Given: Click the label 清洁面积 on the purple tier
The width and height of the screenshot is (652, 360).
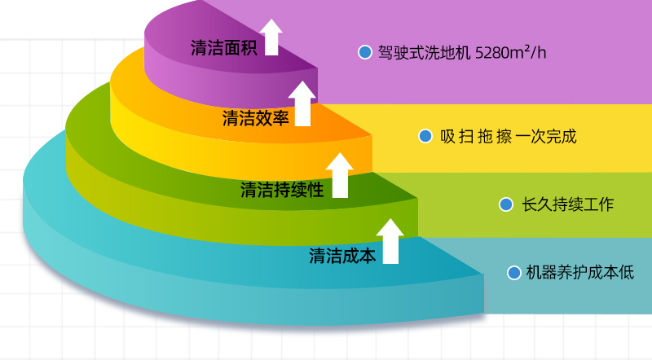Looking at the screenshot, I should click(x=224, y=47).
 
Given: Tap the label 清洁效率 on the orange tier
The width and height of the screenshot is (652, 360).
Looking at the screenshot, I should click(x=256, y=119).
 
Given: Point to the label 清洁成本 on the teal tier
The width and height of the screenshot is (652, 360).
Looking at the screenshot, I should click(x=342, y=256).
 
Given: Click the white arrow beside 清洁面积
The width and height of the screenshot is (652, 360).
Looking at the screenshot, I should click(x=271, y=37).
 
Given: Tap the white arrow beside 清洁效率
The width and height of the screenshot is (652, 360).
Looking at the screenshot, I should click(x=303, y=103).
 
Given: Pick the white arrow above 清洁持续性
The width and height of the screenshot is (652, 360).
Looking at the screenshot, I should click(x=339, y=174).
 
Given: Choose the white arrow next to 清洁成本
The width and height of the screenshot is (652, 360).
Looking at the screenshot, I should click(x=390, y=240).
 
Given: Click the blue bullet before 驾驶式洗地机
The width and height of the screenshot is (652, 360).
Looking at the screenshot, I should click(x=364, y=53).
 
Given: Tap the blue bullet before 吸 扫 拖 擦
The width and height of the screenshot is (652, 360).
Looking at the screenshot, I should click(x=425, y=136).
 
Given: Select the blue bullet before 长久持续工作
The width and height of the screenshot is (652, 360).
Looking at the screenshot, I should click(x=506, y=204).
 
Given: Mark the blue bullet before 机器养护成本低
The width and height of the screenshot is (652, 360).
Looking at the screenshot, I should click(x=513, y=273).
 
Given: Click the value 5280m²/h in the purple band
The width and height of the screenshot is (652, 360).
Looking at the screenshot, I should click(x=510, y=53).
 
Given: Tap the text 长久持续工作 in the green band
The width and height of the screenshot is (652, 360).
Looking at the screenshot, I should click(x=567, y=204).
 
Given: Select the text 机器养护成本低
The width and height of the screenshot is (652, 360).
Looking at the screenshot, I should click(x=579, y=273).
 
